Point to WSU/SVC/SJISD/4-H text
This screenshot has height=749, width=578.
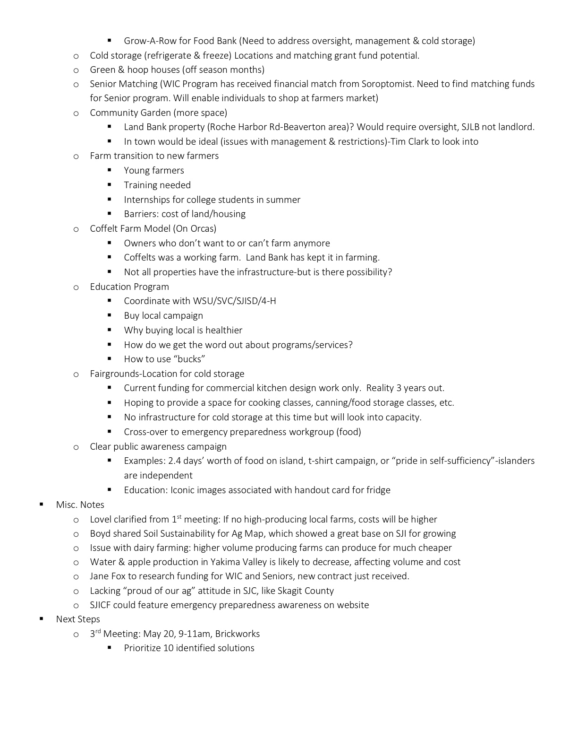pyautogui.click(x=234, y=301)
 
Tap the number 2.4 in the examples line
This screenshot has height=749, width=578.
pyautogui.click(x=175, y=461)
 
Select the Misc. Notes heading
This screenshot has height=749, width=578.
pyautogui.click(x=80, y=505)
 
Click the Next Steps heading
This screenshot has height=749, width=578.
pyautogui.click(x=78, y=619)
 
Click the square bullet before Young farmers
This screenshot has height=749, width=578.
pyautogui.click(x=109, y=171)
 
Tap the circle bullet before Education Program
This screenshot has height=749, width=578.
pyautogui.click(x=76, y=287)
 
